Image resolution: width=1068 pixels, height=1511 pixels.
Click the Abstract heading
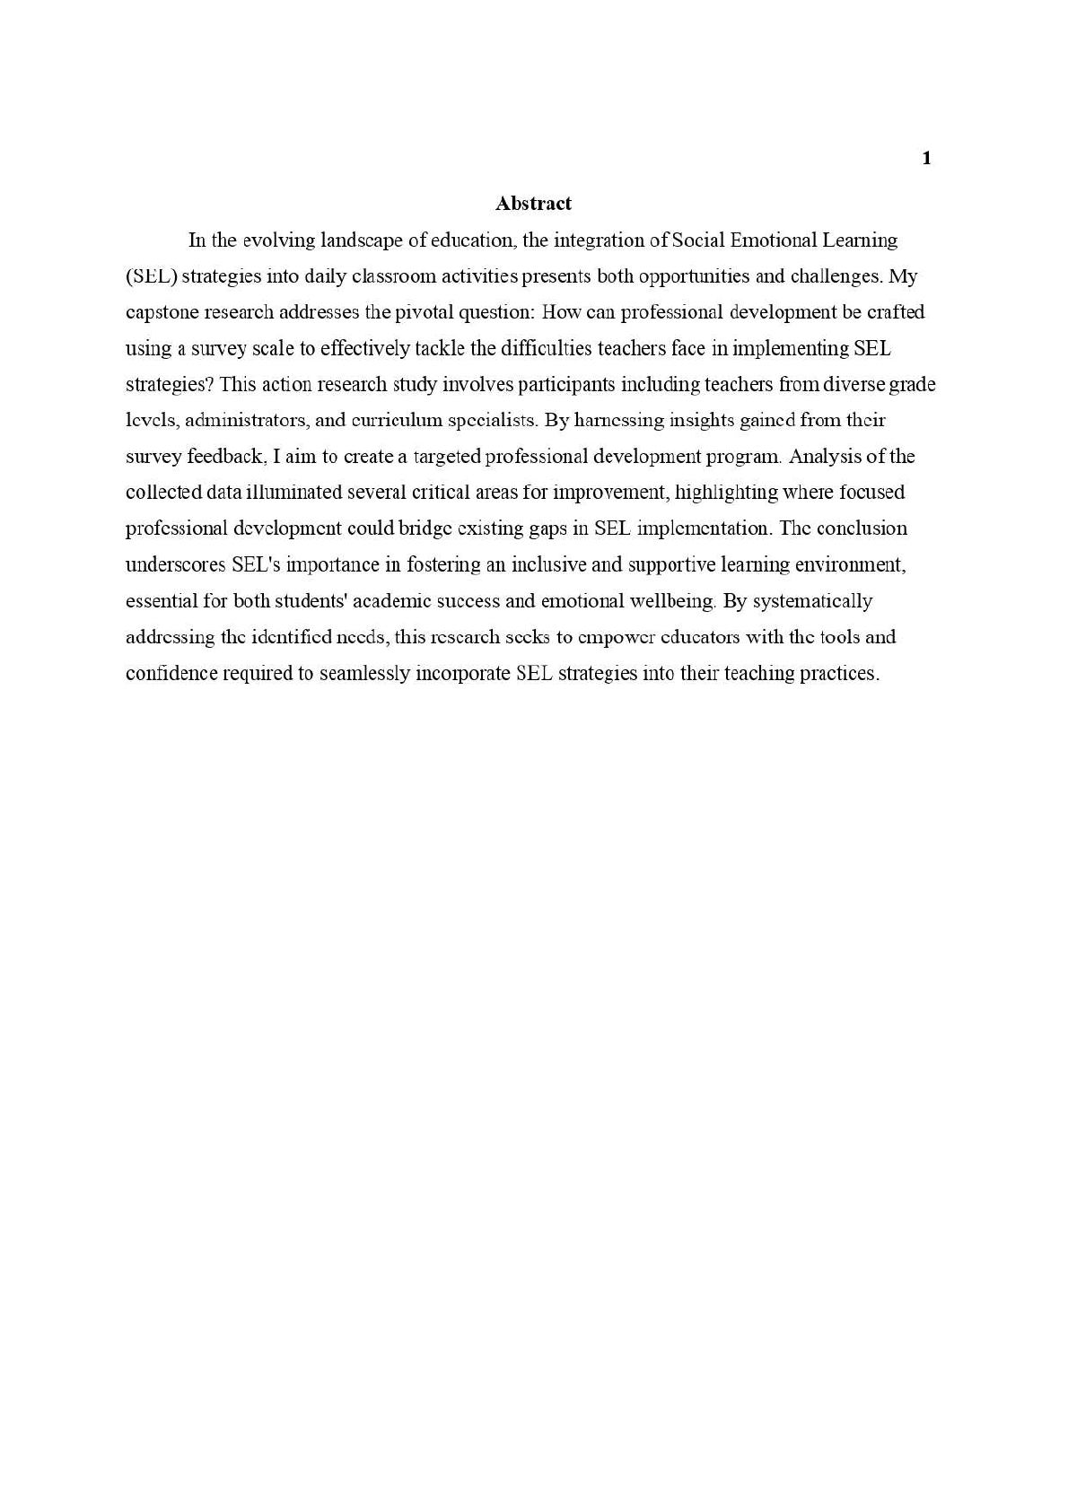(533, 204)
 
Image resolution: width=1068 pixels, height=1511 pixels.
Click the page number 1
(927, 159)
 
